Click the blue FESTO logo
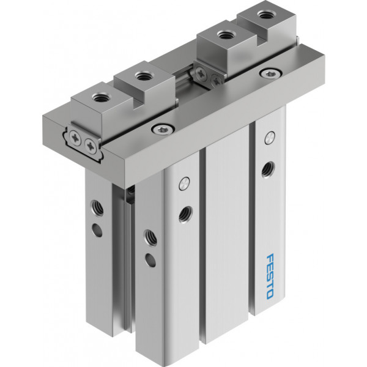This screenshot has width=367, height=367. [270, 276]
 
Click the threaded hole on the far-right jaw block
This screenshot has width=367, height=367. [264, 15]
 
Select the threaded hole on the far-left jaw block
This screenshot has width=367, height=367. [98, 97]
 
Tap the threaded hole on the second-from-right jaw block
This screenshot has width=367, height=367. [224, 35]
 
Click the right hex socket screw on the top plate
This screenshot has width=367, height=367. [270, 73]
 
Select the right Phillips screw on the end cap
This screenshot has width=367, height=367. [91, 147]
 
